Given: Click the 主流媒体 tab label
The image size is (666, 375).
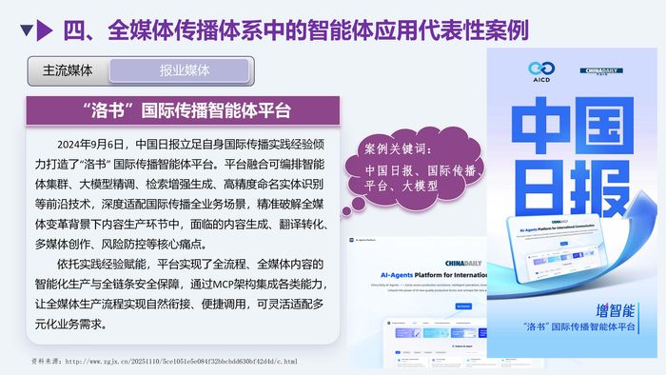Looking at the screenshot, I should [x=68, y=70].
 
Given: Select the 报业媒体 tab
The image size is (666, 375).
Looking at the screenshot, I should [x=185, y=70].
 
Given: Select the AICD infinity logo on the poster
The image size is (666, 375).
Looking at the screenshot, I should [x=540, y=71].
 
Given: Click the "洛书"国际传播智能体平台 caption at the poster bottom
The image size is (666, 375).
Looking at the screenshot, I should [x=578, y=326].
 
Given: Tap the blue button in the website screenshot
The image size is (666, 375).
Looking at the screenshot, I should [x=463, y=306].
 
